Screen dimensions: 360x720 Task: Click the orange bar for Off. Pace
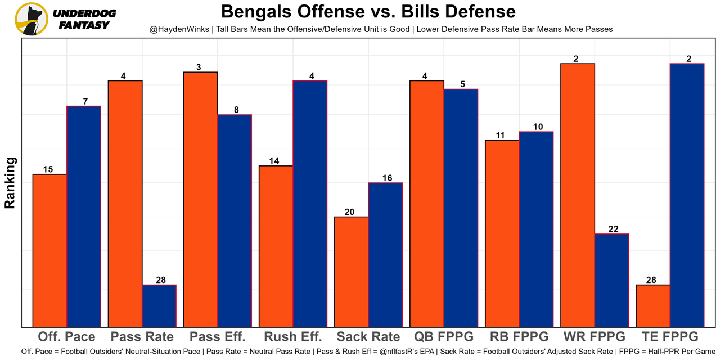50,250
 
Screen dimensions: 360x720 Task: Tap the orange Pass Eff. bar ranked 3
201,199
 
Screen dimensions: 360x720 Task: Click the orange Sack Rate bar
352,272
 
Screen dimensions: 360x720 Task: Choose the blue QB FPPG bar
461,208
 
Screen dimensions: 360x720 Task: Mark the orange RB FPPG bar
502,233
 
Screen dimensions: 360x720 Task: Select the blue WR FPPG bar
611,280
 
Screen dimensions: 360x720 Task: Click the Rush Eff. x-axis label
293,337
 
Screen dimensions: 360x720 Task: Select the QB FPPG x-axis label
444,337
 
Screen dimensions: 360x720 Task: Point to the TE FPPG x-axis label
670,337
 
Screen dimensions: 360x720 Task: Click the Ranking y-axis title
10,183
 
